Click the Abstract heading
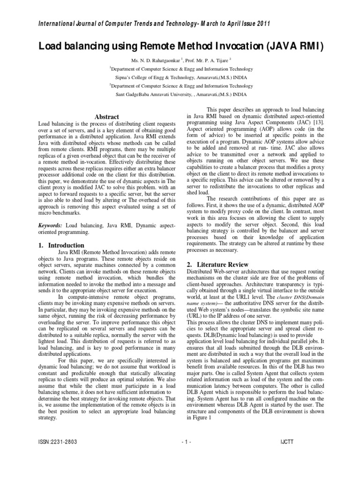pos(107,117)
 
